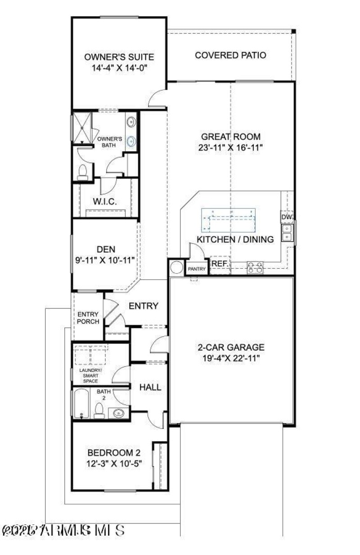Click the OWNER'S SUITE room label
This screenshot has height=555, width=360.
[x=119, y=57]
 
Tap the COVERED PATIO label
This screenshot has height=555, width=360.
[x=230, y=55]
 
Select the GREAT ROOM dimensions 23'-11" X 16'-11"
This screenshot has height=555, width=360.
[x=231, y=147]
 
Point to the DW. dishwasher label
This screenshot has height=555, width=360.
[x=287, y=217]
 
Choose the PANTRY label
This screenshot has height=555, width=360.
[x=197, y=269]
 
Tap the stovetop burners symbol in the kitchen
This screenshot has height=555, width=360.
[x=255, y=268]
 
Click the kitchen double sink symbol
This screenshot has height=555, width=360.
[x=287, y=232]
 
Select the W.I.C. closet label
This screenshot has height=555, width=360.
[x=105, y=202]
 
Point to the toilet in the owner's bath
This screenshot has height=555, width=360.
[x=82, y=172]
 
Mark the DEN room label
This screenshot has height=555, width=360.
[x=106, y=249]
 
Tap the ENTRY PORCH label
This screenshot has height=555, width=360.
[x=88, y=318]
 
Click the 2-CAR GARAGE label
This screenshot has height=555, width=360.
[x=231, y=347]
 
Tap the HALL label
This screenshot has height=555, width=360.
[x=150, y=387]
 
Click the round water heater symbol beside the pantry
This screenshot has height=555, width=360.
[x=177, y=267]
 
